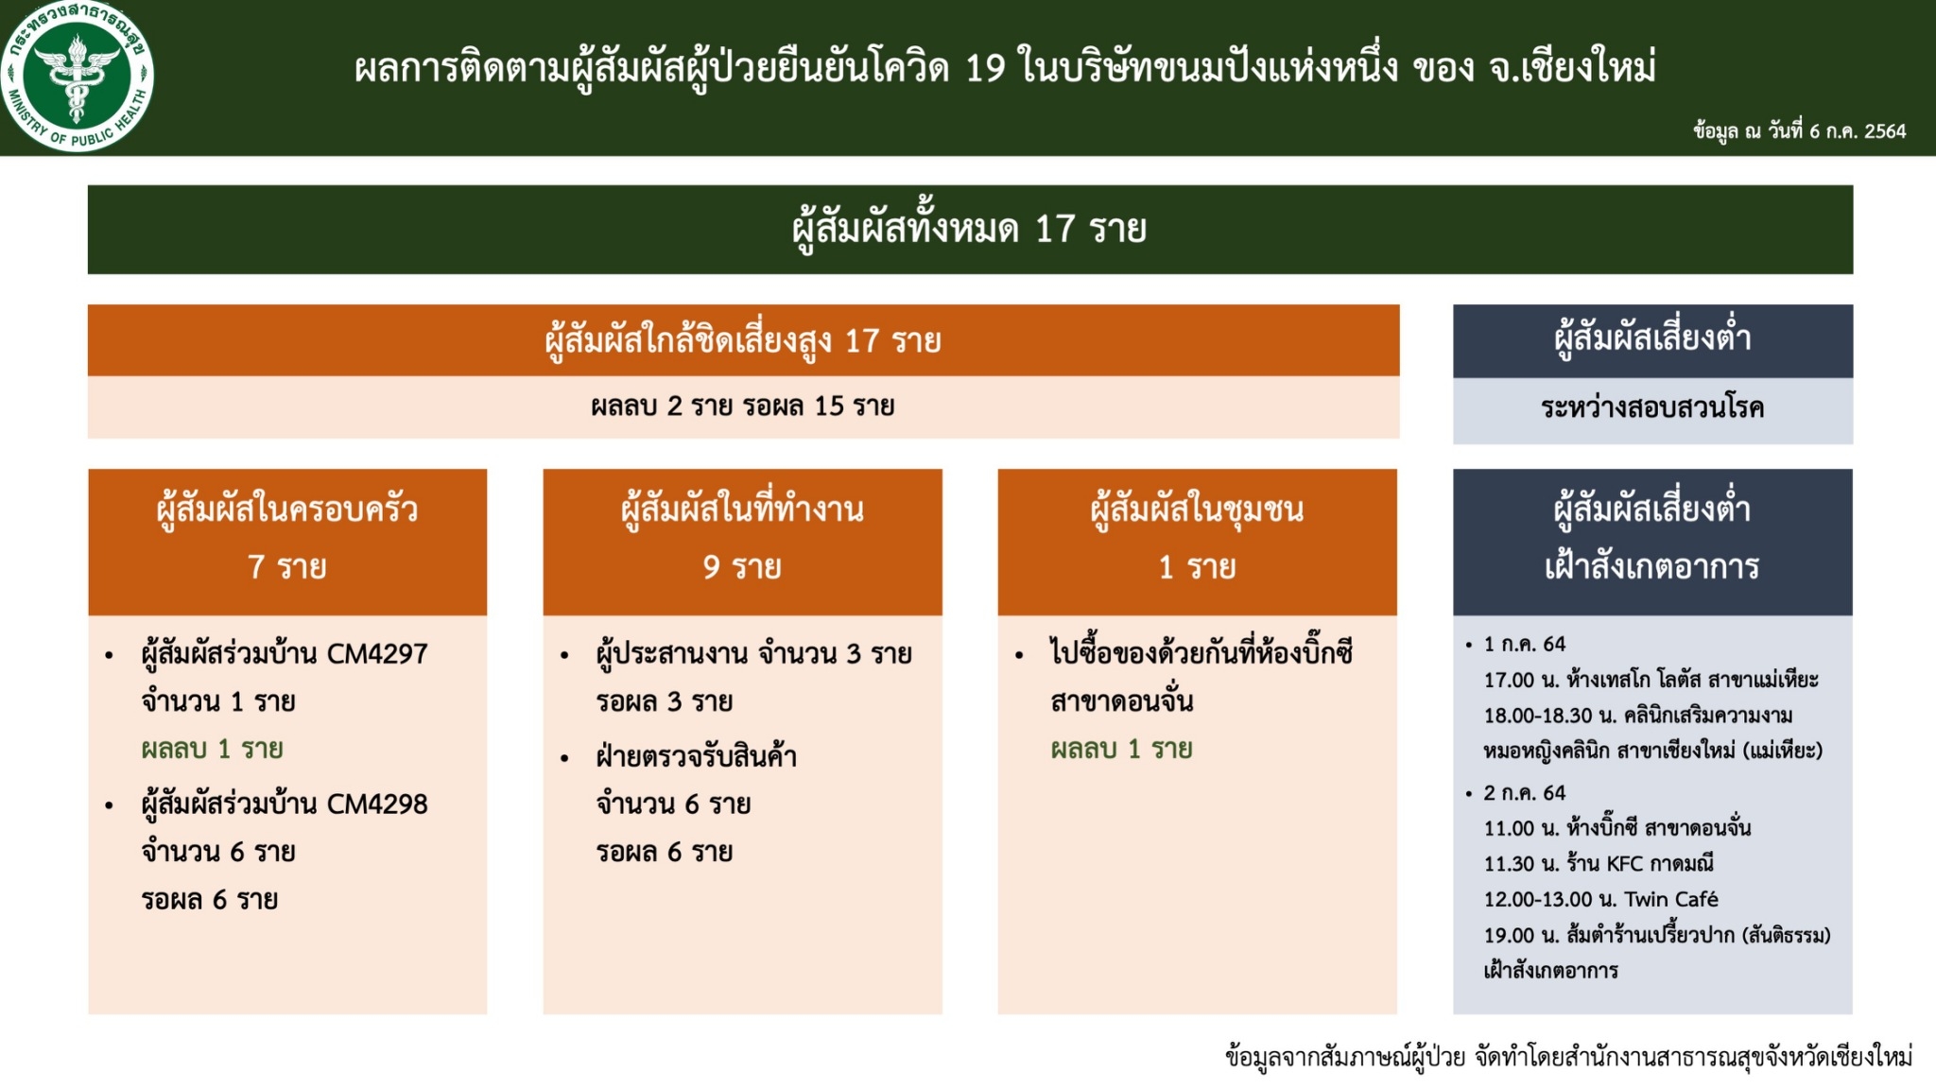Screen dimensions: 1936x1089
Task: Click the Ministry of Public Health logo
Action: pyautogui.click(x=78, y=76)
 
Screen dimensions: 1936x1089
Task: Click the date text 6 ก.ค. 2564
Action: pyautogui.click(x=1858, y=131)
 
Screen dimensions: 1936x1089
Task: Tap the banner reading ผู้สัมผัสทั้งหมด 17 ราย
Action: pyautogui.click(x=970, y=230)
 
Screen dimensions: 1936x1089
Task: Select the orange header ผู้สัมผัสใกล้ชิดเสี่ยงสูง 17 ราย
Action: pyautogui.click(x=743, y=340)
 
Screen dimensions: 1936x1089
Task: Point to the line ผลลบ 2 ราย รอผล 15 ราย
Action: pyautogui.click(x=743, y=406)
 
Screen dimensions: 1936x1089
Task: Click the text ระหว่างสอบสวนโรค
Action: pyautogui.click(x=1652, y=408)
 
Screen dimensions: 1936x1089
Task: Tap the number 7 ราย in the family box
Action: pyautogui.click(x=287, y=567)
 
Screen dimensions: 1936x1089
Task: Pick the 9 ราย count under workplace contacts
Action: pyautogui.click(x=742, y=567)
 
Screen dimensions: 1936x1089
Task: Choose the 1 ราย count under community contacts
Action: pyautogui.click(x=1198, y=567)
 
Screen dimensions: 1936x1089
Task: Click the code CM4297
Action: pyautogui.click(x=377, y=653)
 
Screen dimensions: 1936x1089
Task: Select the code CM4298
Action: pyautogui.click(x=377, y=804)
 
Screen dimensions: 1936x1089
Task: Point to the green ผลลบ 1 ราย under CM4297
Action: pyautogui.click(x=212, y=749)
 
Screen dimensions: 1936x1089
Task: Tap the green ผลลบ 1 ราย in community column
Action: pyautogui.click(x=1121, y=749)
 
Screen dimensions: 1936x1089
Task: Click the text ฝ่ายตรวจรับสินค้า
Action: pyautogui.click(x=697, y=756)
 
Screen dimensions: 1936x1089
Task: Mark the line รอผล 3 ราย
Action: pyautogui.click(x=665, y=701)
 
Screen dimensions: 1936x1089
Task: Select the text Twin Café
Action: pyautogui.click(x=1671, y=899)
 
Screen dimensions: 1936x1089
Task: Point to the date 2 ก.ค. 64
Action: pyautogui.click(x=1524, y=793)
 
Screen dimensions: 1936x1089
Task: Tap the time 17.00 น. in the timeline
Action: pyautogui.click(x=1522, y=680)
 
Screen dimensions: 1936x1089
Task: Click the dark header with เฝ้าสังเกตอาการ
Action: pyautogui.click(x=1652, y=542)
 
